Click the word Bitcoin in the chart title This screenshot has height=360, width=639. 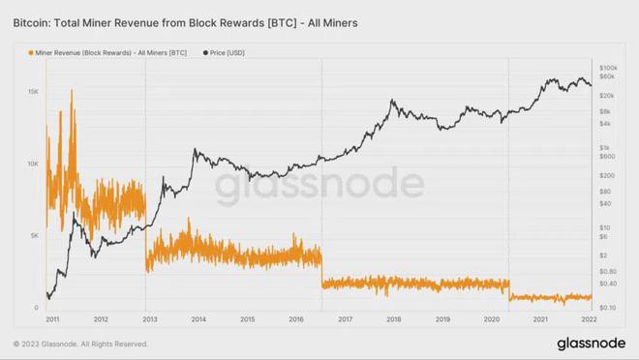[x=31, y=19]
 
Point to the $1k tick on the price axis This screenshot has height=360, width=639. [x=607, y=147]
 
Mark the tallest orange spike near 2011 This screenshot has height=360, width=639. [x=72, y=90]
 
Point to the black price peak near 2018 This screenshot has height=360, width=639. [x=392, y=100]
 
